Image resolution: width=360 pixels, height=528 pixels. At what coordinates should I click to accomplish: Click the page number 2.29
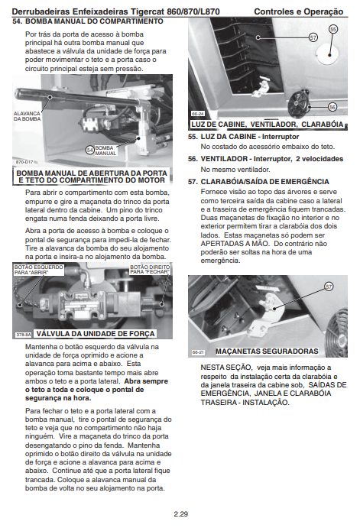point(181,514)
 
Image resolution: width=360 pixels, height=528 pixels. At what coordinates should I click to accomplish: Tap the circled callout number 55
point(333,29)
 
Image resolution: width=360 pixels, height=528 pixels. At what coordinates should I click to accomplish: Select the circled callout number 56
point(332,107)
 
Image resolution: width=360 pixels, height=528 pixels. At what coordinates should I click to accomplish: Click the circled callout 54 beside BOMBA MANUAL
point(90,151)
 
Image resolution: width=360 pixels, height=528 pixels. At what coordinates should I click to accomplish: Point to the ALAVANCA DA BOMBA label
point(27,116)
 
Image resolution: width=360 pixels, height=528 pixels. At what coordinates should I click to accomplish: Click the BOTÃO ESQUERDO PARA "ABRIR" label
point(39,270)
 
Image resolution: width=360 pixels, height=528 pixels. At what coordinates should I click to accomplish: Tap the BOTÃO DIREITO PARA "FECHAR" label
point(151,270)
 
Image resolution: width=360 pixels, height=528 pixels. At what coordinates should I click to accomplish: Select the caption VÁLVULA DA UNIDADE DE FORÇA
point(96,334)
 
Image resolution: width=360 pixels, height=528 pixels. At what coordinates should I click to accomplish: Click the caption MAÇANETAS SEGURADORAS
point(267,351)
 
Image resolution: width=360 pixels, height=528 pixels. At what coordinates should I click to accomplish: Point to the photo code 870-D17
point(24,162)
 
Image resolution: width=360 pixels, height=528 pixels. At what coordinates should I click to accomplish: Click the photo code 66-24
point(197,114)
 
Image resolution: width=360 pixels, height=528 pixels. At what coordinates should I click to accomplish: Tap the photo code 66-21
point(198,352)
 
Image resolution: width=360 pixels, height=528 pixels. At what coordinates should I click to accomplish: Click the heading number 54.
point(17,21)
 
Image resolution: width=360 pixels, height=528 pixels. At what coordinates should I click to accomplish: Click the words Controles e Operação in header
point(298,11)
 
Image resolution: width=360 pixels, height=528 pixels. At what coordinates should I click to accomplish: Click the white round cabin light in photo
point(326,54)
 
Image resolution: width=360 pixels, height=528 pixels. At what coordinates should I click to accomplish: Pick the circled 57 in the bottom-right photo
point(329,287)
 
